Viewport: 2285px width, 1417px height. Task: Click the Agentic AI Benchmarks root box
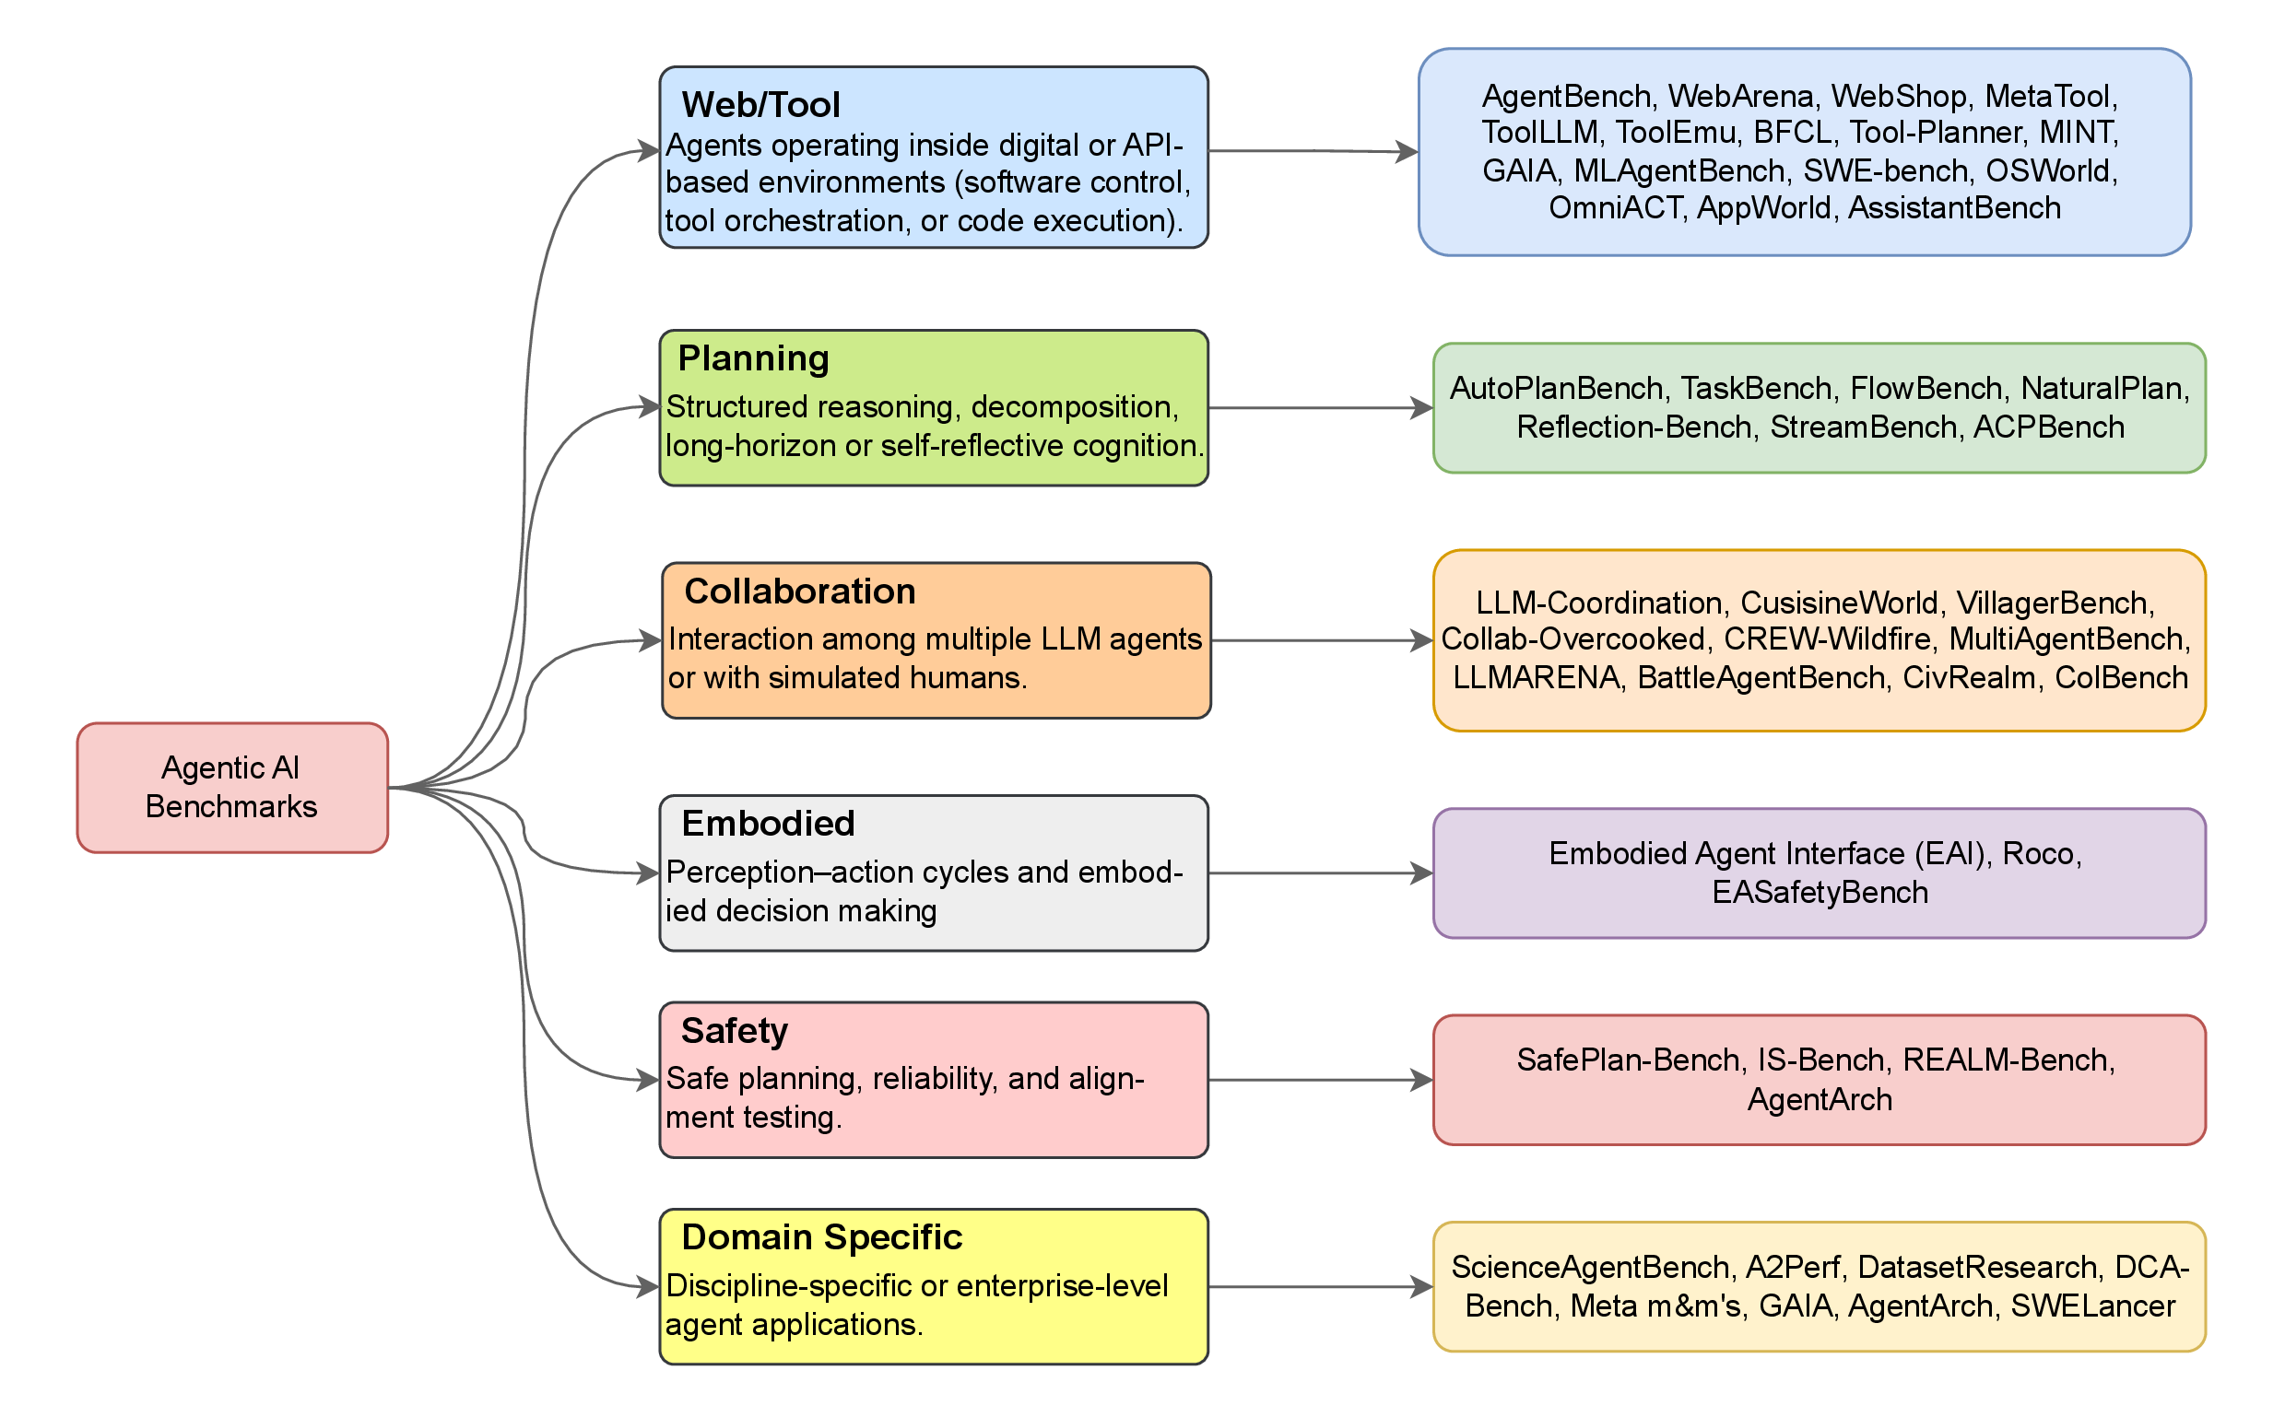(x=231, y=787)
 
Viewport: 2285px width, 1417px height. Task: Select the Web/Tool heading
(x=760, y=105)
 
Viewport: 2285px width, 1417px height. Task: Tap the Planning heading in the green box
(x=753, y=359)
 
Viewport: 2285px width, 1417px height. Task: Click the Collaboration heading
(x=800, y=591)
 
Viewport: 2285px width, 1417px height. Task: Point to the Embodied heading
(x=768, y=824)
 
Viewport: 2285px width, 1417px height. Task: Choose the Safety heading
(x=734, y=1031)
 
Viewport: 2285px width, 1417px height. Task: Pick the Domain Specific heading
(x=821, y=1237)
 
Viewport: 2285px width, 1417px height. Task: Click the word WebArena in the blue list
(x=1740, y=97)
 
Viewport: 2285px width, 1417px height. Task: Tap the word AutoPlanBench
(x=1557, y=388)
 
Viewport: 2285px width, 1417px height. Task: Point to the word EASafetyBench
(x=1820, y=892)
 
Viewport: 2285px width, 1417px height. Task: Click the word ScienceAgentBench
(x=1589, y=1267)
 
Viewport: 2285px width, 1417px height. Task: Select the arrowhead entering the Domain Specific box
(x=648, y=1287)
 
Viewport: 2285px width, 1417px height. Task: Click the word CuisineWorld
(x=1839, y=603)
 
